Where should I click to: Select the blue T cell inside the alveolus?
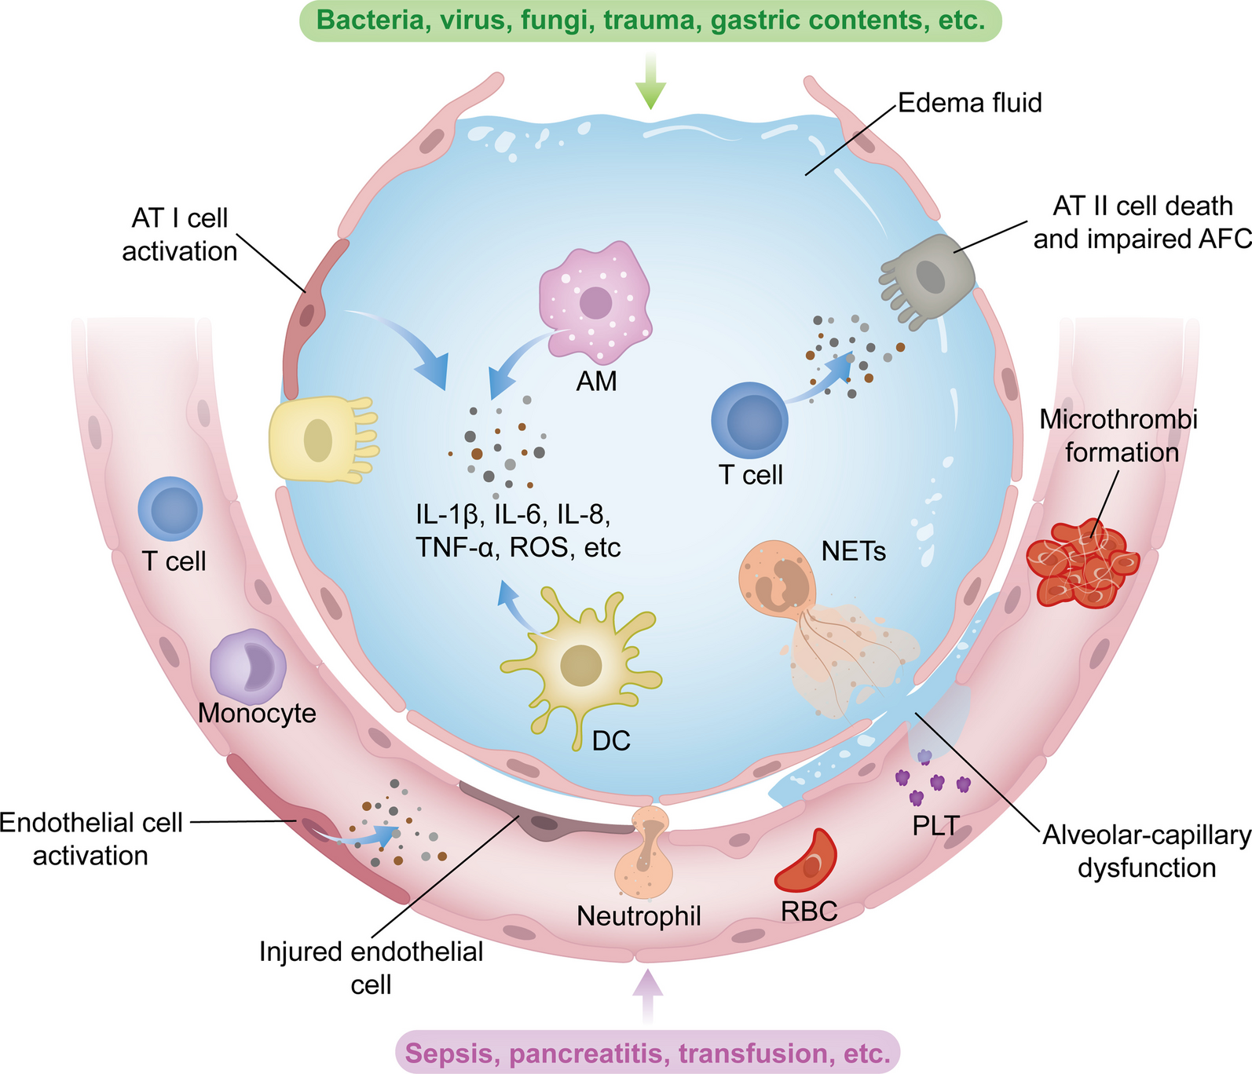[x=749, y=420]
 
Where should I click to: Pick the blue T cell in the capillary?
[x=170, y=509]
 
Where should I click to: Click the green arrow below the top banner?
[x=650, y=82]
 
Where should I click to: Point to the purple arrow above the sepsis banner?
[x=647, y=993]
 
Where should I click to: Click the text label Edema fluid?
[x=969, y=103]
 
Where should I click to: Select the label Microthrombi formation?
[x=1118, y=436]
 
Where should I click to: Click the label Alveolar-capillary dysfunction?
[x=1146, y=851]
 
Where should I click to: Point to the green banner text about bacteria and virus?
[x=650, y=20]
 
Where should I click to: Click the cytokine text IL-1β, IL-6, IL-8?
[x=514, y=514]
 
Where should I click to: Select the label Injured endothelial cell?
[x=371, y=967]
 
